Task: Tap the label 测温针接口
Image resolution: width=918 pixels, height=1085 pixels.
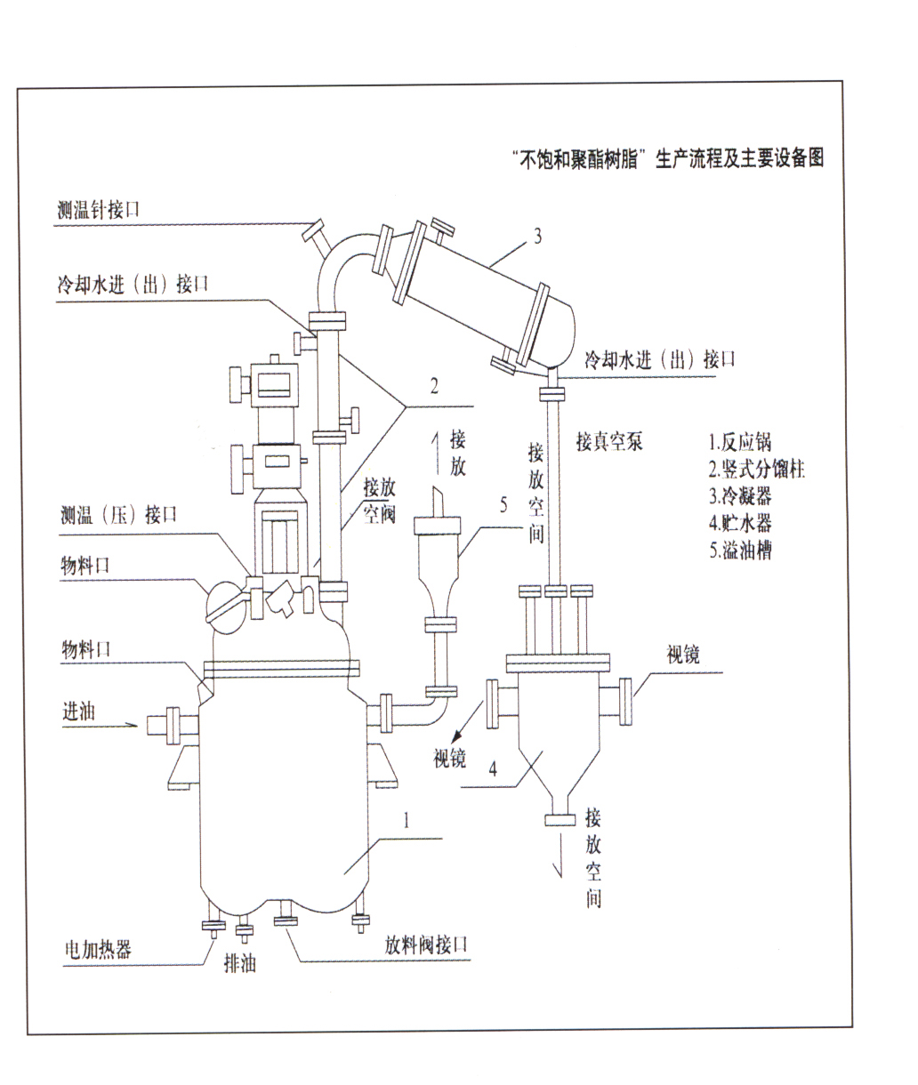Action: pos(97,211)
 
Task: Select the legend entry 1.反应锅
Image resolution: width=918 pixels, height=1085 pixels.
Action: pos(740,442)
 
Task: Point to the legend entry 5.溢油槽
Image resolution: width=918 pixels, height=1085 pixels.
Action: pos(740,550)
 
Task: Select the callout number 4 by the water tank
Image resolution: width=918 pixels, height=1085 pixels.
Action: pos(492,769)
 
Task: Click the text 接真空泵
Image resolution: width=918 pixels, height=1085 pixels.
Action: pos(609,442)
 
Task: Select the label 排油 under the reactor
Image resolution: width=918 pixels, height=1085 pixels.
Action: pos(239,962)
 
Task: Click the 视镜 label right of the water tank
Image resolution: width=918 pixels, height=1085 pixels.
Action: pos(683,655)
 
